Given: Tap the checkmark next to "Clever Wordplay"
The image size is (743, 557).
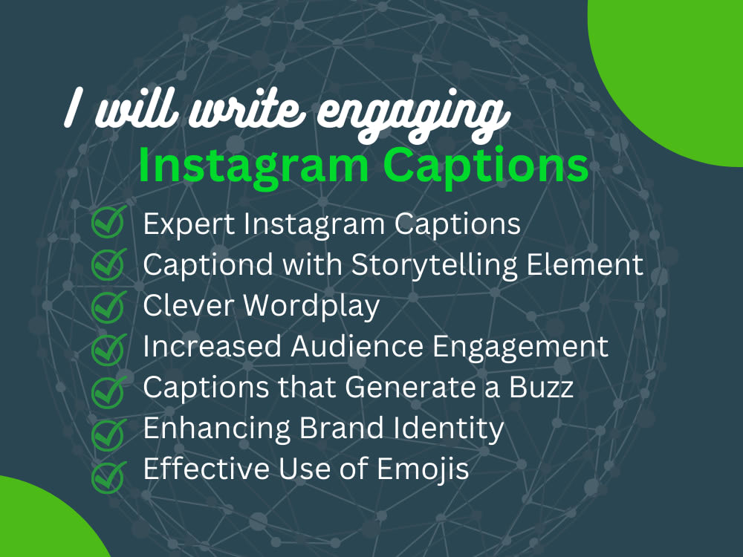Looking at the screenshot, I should click(x=108, y=306).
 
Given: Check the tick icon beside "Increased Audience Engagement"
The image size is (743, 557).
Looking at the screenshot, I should click(x=108, y=348).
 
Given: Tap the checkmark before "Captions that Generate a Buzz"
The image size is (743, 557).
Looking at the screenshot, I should click(x=108, y=388).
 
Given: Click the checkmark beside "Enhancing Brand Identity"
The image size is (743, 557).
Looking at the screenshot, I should click(x=108, y=430).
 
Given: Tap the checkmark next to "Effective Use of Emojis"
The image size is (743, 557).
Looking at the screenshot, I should click(x=108, y=472).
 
